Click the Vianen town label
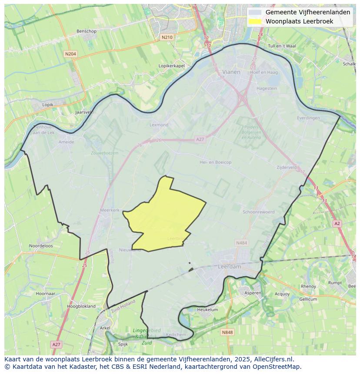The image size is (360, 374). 231,72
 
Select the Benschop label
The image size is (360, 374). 86,31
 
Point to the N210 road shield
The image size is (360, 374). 167,37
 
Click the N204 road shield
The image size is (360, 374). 70,54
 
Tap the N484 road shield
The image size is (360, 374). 241,242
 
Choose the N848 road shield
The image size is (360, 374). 227,332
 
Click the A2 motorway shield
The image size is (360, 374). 337,223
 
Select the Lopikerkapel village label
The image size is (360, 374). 172,66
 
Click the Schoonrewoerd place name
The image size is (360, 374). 258,212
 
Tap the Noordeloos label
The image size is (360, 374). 41,245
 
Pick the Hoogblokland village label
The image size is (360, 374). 81,306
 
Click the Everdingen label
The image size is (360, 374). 308,118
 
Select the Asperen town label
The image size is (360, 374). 253,293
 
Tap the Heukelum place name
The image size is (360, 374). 207,310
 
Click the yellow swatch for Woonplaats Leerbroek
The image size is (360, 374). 256,21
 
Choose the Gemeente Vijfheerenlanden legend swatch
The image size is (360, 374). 256,13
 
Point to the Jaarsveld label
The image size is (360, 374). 84,112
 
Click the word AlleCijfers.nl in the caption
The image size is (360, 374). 274,359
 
